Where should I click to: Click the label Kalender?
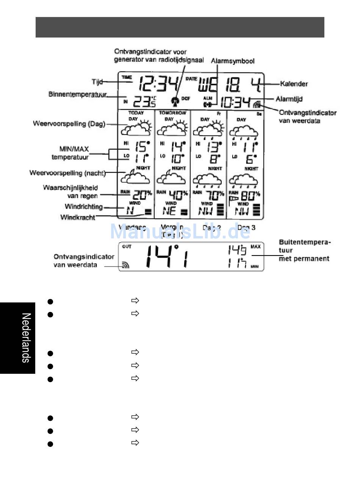(x=294, y=84)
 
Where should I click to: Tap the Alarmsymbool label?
(x=232, y=61)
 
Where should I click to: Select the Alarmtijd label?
(x=289, y=99)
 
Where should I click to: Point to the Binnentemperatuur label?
(x=77, y=94)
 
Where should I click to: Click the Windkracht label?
(x=78, y=217)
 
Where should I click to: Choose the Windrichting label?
(x=83, y=207)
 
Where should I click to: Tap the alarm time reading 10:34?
(x=235, y=102)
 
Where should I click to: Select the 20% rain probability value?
(x=142, y=195)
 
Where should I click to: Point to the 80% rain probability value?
(x=250, y=196)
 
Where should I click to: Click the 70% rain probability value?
(x=214, y=195)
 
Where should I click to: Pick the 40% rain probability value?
(x=178, y=195)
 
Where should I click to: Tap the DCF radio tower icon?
(x=174, y=101)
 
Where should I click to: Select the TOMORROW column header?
(x=172, y=113)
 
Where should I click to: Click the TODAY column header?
(x=136, y=113)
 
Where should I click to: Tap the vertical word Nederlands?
(x=26, y=338)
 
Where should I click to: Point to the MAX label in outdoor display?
(x=255, y=247)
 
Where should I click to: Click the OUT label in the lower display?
(x=127, y=247)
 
